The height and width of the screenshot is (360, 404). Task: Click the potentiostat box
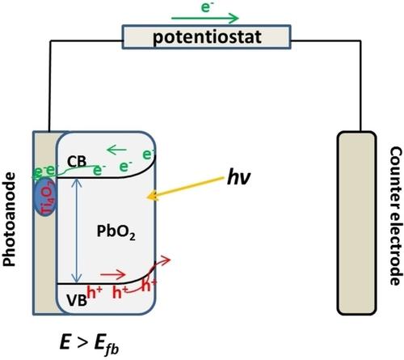201,35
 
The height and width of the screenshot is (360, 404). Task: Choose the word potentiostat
203,35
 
